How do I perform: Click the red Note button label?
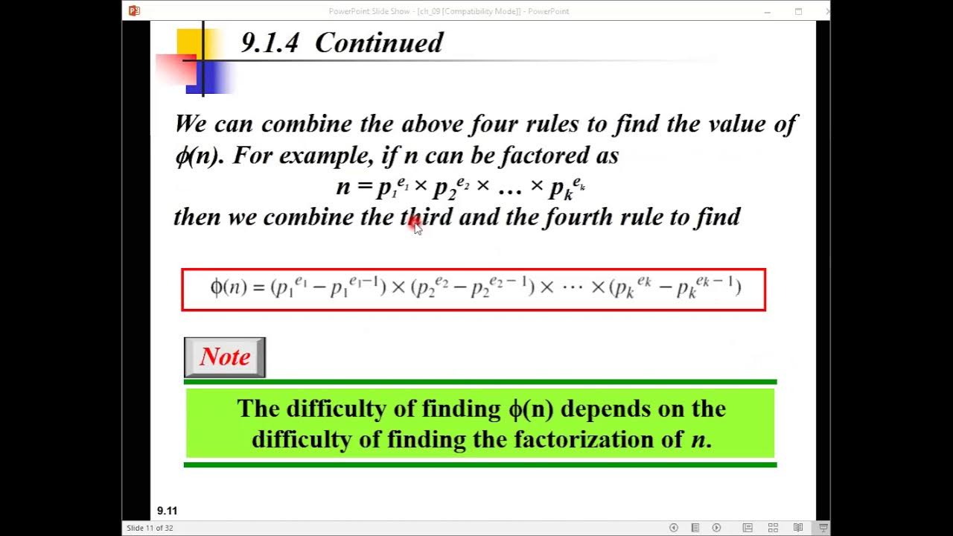click(225, 357)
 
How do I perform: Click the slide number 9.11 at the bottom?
click(167, 511)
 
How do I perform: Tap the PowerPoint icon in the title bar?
click(134, 10)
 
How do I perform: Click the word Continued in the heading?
click(378, 43)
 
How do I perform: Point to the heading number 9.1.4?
click(270, 43)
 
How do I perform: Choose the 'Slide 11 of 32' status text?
click(150, 528)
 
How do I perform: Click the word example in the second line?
click(325, 156)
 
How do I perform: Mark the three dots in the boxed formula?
click(573, 287)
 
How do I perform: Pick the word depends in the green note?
click(596, 409)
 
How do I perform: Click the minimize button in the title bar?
click(768, 11)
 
